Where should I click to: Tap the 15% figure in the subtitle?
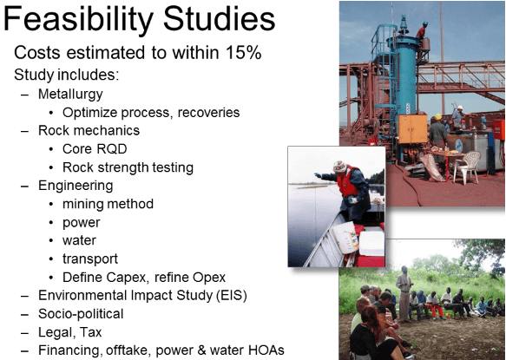tap(243, 52)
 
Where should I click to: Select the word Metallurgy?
tap(70, 95)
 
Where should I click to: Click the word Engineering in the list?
tap(76, 187)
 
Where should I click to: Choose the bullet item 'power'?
tap(82, 223)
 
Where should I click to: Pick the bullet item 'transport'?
tap(90, 259)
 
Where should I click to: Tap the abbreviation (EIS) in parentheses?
tap(232, 296)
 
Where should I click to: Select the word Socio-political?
tap(81, 314)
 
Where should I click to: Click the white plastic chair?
tap(467, 167)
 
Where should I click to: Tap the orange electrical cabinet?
tap(413, 128)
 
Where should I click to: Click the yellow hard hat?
tap(438, 116)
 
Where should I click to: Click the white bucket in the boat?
tap(345, 237)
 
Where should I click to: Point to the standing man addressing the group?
tap(404, 293)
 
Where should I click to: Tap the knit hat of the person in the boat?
tap(339, 167)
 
